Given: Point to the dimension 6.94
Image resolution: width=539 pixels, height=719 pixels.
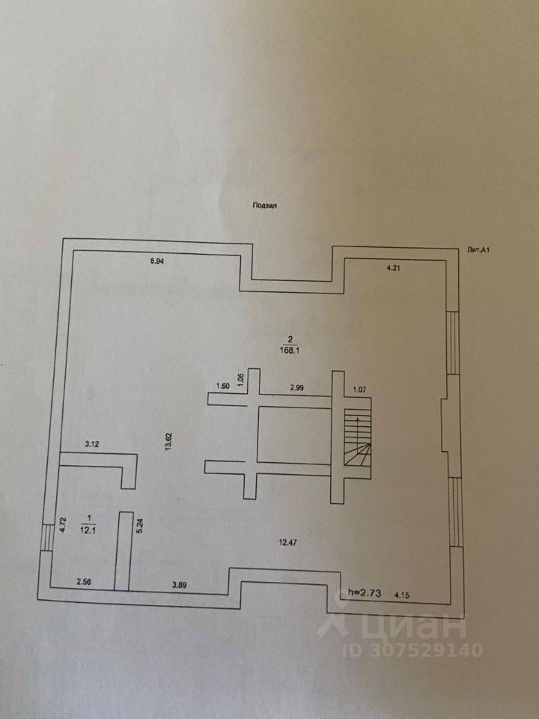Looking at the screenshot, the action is click(156, 261).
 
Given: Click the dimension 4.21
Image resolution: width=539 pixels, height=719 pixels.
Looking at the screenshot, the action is click(395, 269).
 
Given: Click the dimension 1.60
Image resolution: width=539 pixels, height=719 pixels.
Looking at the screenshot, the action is click(222, 386).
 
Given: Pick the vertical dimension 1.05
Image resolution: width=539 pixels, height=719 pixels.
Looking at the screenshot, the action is click(240, 379).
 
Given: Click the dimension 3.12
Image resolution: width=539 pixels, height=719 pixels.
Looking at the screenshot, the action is click(93, 443).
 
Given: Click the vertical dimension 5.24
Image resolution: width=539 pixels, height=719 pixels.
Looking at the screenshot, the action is click(140, 525).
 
